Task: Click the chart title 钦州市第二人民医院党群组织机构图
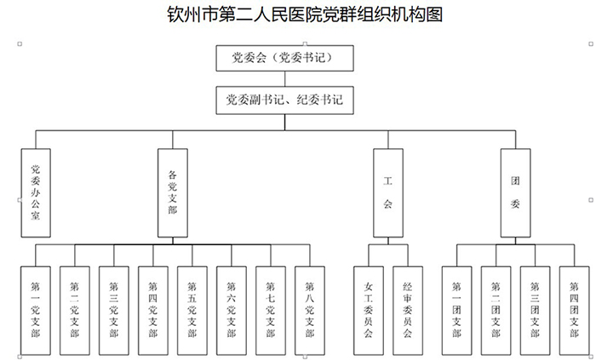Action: (298, 14)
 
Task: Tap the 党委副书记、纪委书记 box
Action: (284, 100)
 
